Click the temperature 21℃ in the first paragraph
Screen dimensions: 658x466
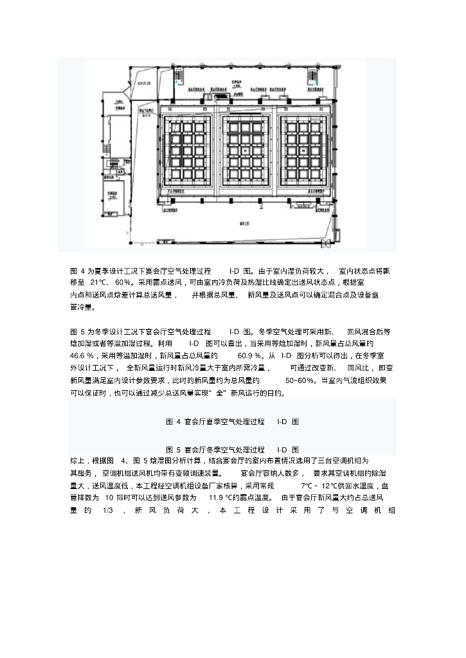[100, 283]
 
